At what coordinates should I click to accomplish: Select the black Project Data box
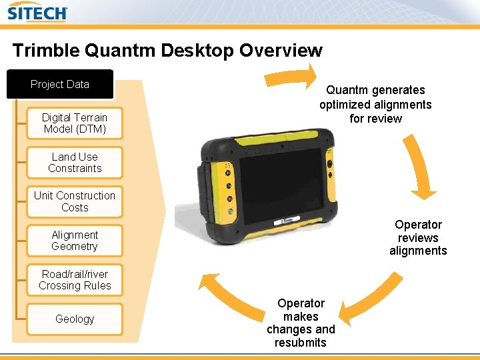[60, 84]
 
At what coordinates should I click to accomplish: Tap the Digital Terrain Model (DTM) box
[75, 123]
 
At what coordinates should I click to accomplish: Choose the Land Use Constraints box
[75, 163]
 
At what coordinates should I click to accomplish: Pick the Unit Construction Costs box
[75, 201]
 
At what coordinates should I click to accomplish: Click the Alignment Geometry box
[75, 241]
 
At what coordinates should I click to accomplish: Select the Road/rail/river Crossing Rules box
[75, 280]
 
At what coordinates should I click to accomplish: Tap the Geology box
[75, 319]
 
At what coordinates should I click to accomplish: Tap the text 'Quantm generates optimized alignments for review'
[375, 104]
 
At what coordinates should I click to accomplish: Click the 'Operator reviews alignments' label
[418, 238]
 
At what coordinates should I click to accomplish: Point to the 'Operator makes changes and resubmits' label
[301, 323]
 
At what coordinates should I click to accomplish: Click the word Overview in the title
[281, 51]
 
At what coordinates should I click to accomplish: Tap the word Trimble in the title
[44, 51]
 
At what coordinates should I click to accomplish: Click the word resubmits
[301, 343]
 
